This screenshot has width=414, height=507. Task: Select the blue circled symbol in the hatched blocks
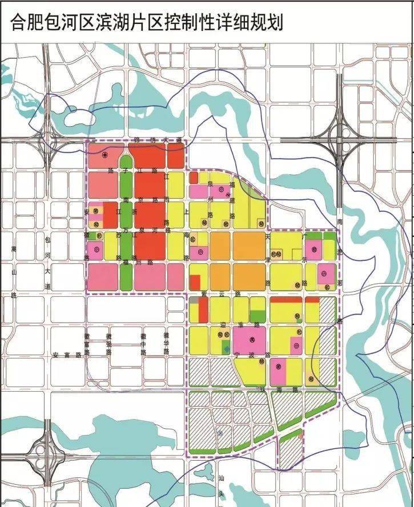[x=220, y=432]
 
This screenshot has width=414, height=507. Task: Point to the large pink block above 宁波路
[x=250, y=340]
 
